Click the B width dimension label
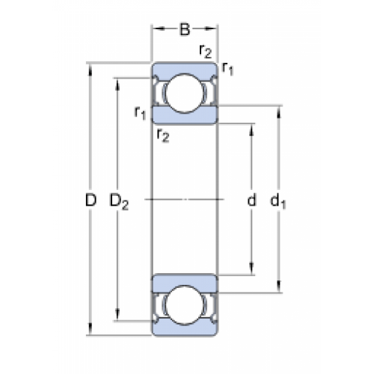[185, 29]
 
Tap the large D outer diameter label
[91, 200]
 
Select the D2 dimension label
[119, 201]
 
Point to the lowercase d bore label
[251, 200]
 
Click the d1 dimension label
[278, 200]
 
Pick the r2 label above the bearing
[206, 51]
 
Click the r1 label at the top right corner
[227, 68]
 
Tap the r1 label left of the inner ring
[140, 113]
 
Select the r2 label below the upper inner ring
[163, 135]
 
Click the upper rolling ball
[185, 93]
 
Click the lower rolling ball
[185, 305]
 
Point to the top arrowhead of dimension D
[91, 70]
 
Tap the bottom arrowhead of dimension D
[91, 329]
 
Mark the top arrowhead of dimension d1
[279, 112]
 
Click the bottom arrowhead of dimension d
[251, 269]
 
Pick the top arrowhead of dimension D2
[117, 85]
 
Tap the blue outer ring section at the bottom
[185, 328]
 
